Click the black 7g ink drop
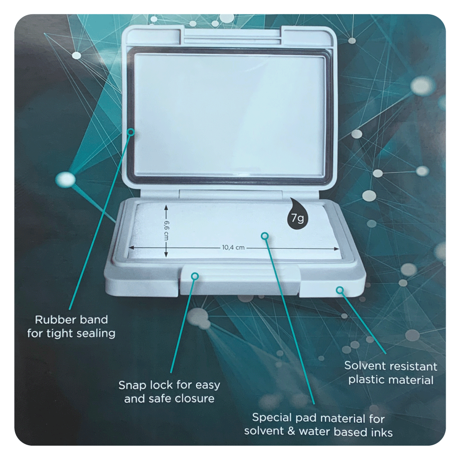tap(297, 214)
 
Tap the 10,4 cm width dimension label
tap(233, 248)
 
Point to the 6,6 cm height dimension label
tap(166, 230)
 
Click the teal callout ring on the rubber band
tap(131, 132)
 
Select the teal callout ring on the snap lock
tap(195, 276)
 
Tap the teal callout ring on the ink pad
tap(265, 236)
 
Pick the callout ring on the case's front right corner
tap(340, 290)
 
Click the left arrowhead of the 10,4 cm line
tap(131, 248)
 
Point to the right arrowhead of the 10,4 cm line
tap(337, 249)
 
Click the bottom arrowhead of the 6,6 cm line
tap(166, 255)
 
